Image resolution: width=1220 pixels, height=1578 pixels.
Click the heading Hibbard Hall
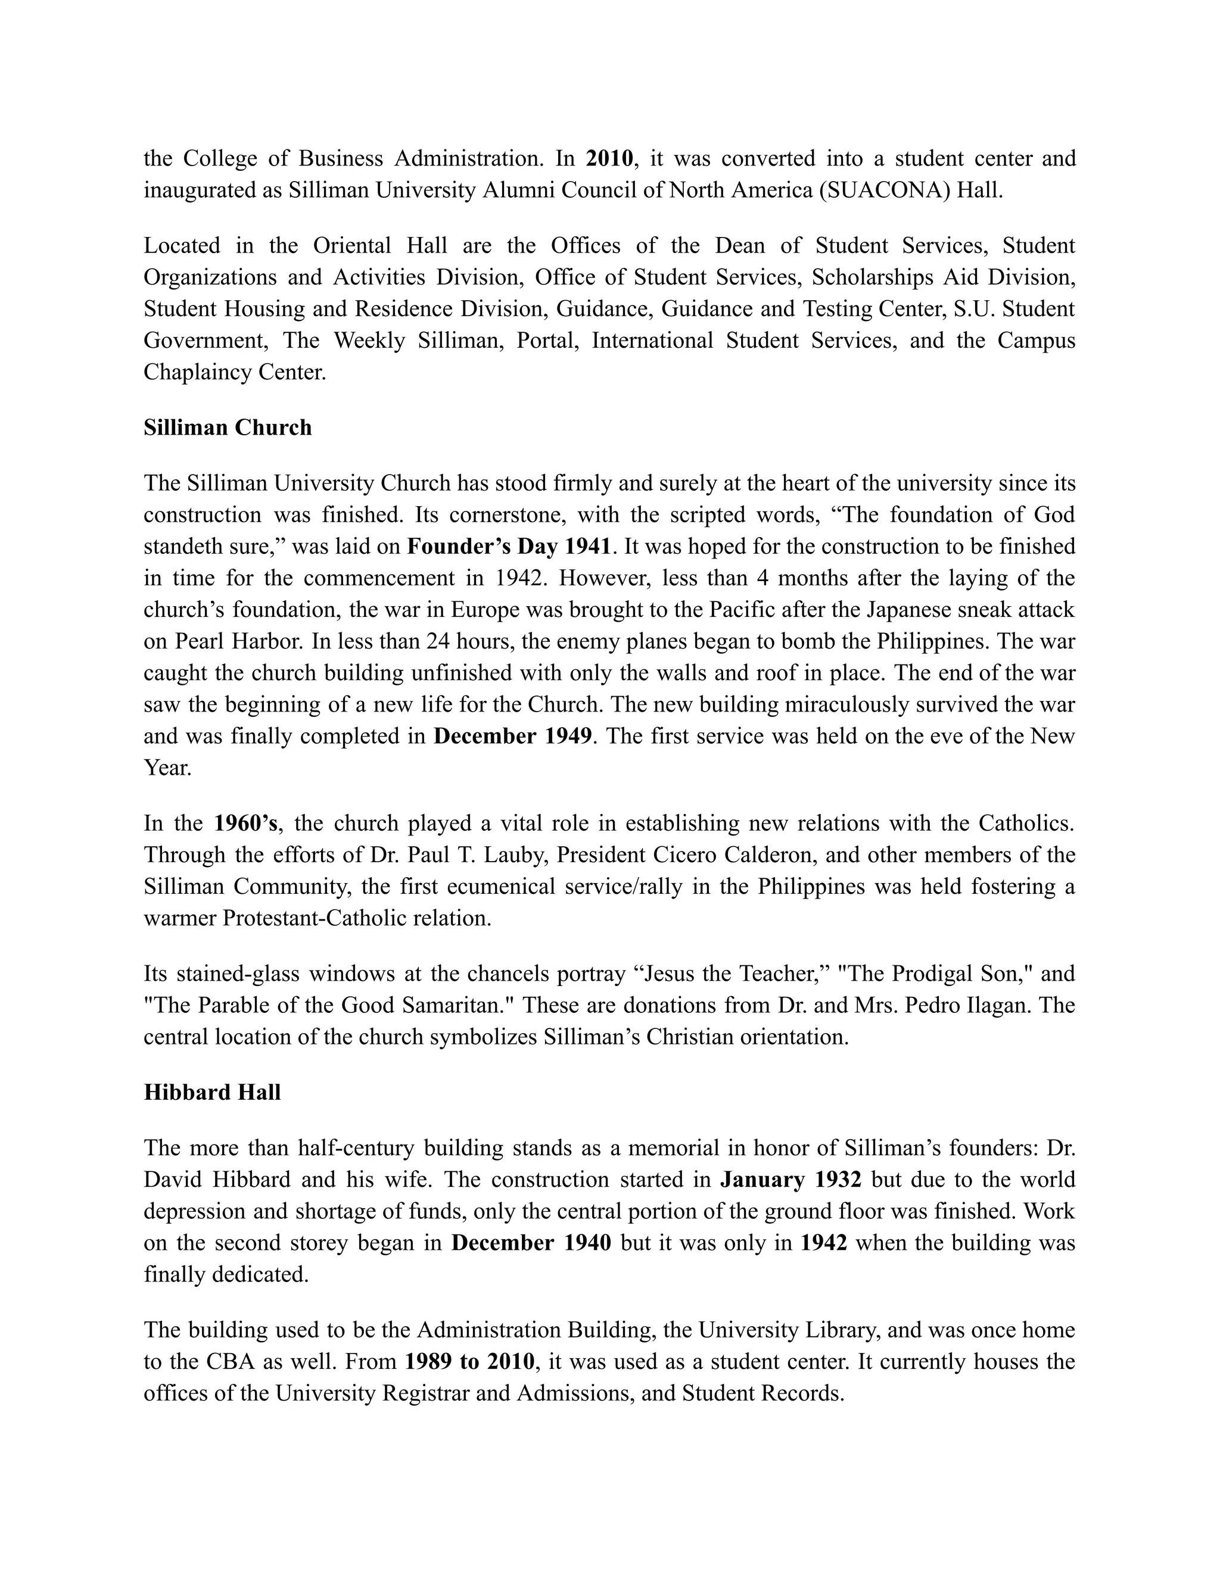[211, 1093]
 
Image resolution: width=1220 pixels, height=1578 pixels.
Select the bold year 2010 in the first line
[609, 158]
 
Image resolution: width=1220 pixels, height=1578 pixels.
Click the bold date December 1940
[531, 1243]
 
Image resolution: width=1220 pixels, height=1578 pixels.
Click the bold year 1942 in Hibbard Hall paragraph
[824, 1243]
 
